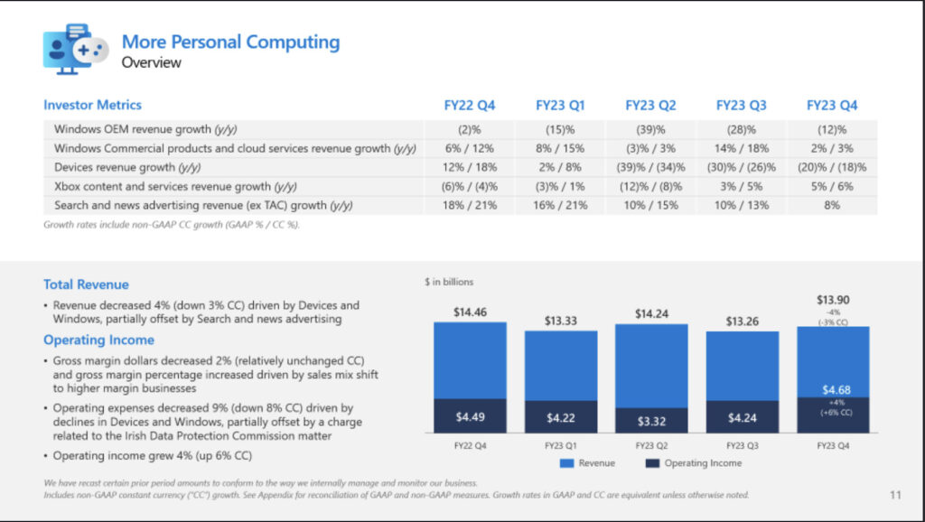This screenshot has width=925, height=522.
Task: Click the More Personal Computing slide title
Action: [230, 42]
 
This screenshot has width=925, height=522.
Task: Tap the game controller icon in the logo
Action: [91, 51]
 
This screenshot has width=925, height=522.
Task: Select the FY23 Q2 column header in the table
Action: [650, 106]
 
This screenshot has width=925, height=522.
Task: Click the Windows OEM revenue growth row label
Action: [145, 129]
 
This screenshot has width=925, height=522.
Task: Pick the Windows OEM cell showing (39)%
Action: [650, 130]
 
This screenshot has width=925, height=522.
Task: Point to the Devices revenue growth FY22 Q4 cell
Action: [470, 167]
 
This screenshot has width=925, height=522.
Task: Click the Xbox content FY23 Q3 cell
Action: [742, 186]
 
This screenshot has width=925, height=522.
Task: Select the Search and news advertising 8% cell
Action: [832, 205]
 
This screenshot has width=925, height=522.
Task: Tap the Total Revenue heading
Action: [86, 284]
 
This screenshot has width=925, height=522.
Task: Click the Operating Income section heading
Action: [99, 340]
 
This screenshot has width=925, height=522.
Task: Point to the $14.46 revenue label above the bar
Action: [470, 312]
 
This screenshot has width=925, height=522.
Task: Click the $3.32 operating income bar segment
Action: [651, 421]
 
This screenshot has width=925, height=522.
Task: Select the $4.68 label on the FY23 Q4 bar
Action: [836, 390]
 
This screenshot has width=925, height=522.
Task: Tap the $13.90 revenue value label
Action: [833, 300]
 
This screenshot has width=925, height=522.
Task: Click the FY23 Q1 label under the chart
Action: [560, 446]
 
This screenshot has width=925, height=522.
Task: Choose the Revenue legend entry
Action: [587, 463]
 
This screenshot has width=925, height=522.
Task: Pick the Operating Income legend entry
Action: [694, 463]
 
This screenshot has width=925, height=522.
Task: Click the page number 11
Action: [895, 495]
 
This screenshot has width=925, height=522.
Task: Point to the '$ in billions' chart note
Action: [449, 282]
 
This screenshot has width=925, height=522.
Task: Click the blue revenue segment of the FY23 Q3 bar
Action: [743, 367]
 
